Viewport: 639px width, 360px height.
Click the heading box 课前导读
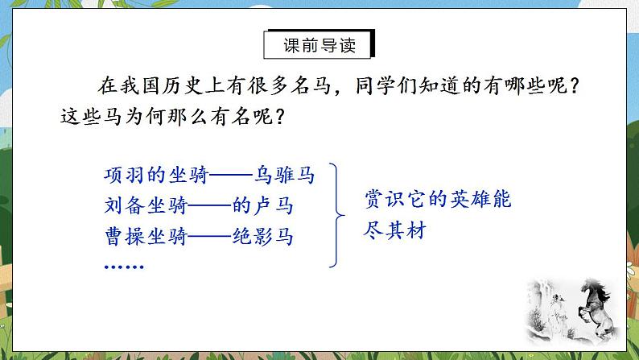(x=319, y=45)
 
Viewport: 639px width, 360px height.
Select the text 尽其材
(x=394, y=230)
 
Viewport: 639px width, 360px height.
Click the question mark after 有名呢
(x=278, y=116)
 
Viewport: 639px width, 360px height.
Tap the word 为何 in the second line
(x=149, y=116)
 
